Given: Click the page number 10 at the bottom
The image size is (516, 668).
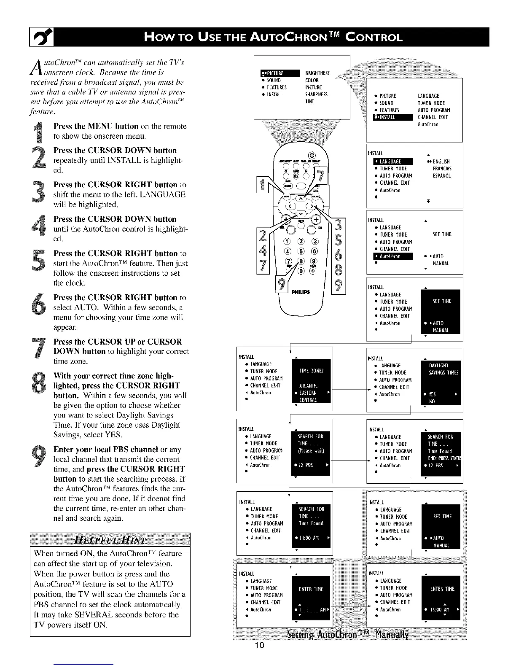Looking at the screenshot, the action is click(258, 657).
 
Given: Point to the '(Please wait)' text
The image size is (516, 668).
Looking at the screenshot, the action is click(311, 451).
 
